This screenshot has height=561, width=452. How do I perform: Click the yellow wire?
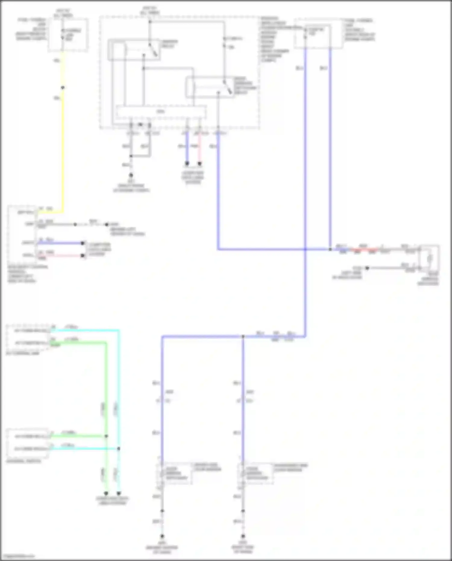[x=63, y=145]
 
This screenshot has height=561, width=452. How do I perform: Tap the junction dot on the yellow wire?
[x=63, y=88]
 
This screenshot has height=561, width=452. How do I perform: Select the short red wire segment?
[x=365, y=250]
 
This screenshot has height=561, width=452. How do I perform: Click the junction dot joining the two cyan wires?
[x=119, y=449]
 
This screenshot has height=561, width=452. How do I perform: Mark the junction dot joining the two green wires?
[x=106, y=436]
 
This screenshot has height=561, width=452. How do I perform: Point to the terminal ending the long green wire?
[x=106, y=493]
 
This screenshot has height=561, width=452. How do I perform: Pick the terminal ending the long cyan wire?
[x=119, y=493]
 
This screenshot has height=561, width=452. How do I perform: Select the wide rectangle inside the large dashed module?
[x=161, y=112]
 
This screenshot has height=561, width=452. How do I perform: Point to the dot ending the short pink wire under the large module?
[x=199, y=164]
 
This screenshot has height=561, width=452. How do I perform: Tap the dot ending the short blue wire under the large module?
[x=187, y=164]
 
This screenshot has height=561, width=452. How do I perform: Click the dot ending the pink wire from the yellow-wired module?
[x=83, y=256]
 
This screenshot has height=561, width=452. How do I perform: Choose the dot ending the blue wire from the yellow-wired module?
[x=83, y=243]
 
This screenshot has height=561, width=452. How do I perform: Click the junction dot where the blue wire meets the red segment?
[x=330, y=249]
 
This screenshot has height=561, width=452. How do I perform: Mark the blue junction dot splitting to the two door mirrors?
[x=243, y=336]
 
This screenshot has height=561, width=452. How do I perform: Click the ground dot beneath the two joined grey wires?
[x=131, y=175]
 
